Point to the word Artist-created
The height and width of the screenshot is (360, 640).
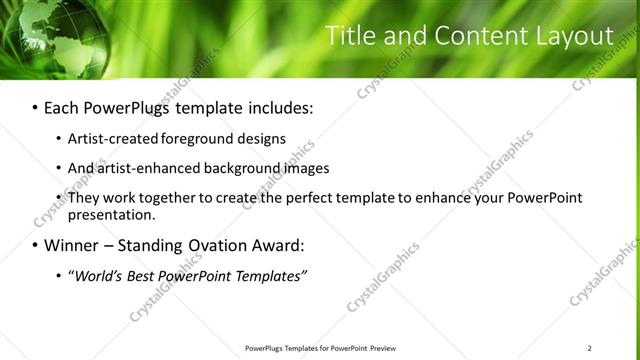(110, 138)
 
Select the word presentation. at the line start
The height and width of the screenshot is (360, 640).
(110, 214)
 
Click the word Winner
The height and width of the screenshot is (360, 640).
(72, 245)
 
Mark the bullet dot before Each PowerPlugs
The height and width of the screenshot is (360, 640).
(35, 107)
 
